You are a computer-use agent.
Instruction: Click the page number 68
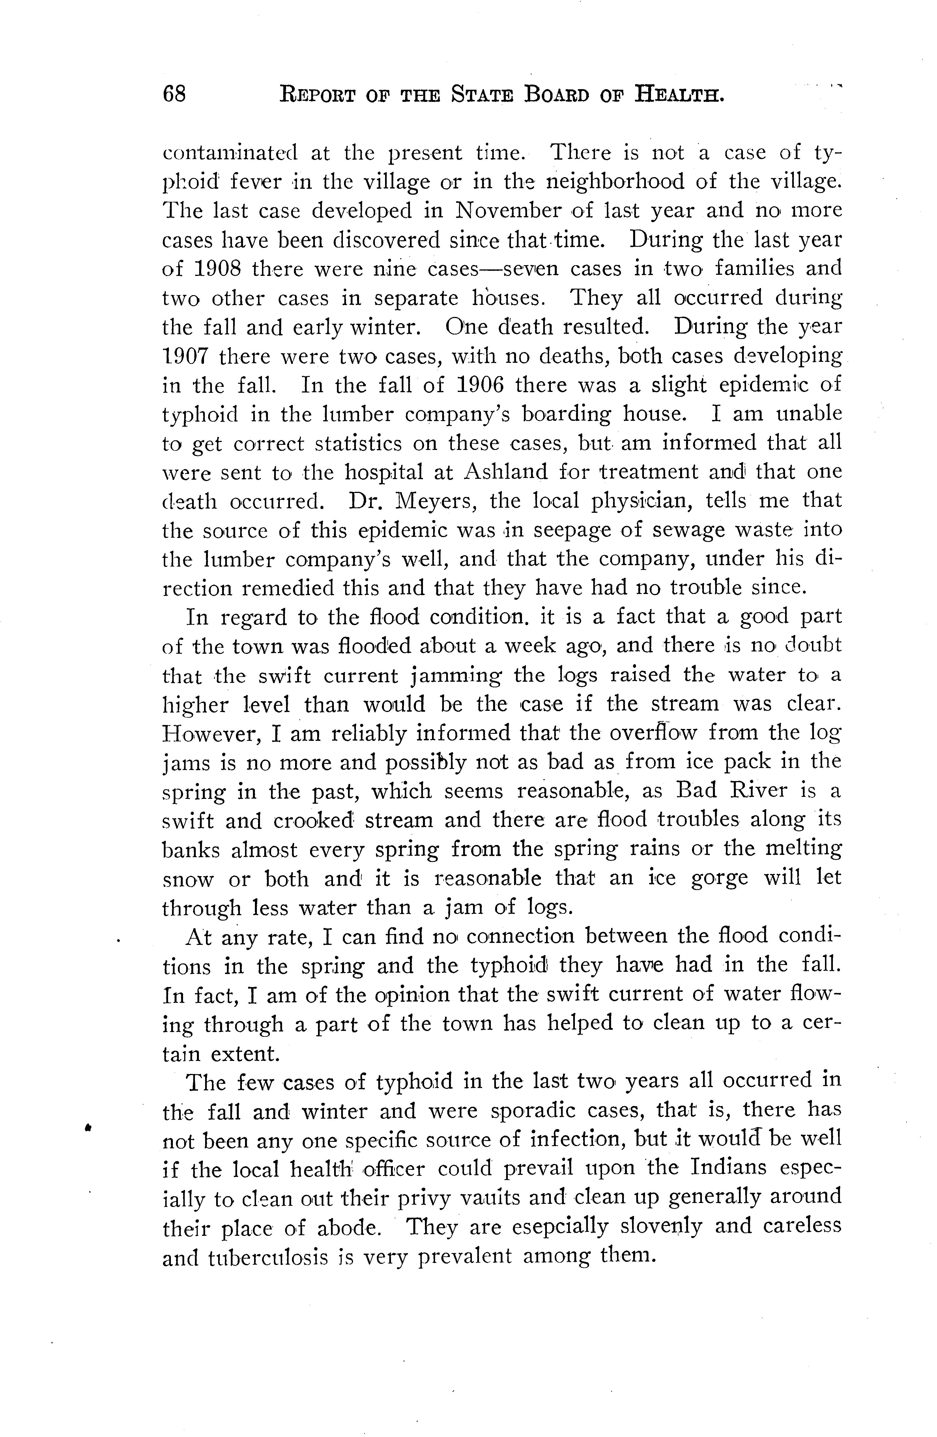[174, 95]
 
